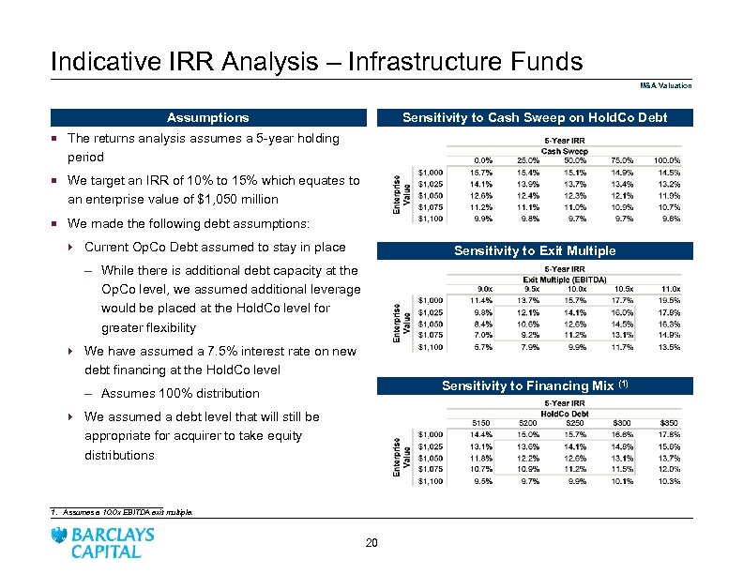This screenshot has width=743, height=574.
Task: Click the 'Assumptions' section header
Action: (x=207, y=117)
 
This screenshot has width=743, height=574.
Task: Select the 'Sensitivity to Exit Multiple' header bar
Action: (x=535, y=250)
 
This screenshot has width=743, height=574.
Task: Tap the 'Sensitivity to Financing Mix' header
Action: (x=535, y=385)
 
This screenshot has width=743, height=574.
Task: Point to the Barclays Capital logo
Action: (x=104, y=542)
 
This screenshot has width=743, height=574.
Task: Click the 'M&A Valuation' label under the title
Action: (x=666, y=85)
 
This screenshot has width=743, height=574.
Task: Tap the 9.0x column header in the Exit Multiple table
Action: (x=485, y=289)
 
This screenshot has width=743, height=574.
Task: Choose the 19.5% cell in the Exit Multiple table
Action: (x=670, y=300)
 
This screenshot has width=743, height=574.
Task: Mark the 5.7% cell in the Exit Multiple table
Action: (x=484, y=347)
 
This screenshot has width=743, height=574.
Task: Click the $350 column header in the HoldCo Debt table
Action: (x=669, y=423)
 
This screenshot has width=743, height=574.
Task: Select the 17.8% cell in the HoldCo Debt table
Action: (x=669, y=434)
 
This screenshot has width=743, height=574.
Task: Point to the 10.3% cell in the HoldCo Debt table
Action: (x=669, y=480)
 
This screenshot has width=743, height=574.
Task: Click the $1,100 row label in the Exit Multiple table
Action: (x=432, y=347)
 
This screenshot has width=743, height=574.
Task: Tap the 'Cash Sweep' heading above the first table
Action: (x=562, y=151)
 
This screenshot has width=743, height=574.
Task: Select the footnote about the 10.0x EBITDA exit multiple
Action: (x=125, y=513)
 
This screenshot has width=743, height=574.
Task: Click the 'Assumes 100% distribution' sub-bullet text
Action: (x=179, y=393)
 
